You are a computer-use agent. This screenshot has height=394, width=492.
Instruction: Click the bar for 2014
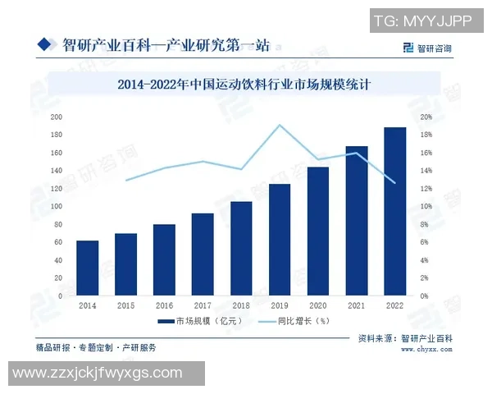(x=88, y=268)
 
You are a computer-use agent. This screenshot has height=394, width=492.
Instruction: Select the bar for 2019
(x=280, y=240)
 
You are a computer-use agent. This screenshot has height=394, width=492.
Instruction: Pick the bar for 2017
(x=203, y=254)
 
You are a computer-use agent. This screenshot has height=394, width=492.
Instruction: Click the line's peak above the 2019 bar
(x=280, y=125)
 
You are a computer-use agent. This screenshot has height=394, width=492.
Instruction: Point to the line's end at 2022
(x=395, y=182)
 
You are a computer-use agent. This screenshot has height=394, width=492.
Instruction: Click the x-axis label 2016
(x=164, y=305)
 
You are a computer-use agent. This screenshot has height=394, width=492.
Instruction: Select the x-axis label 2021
(x=357, y=305)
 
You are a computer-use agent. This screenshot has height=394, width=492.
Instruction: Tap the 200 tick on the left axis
(x=57, y=117)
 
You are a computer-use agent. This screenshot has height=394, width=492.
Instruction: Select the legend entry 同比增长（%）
(x=290, y=321)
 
